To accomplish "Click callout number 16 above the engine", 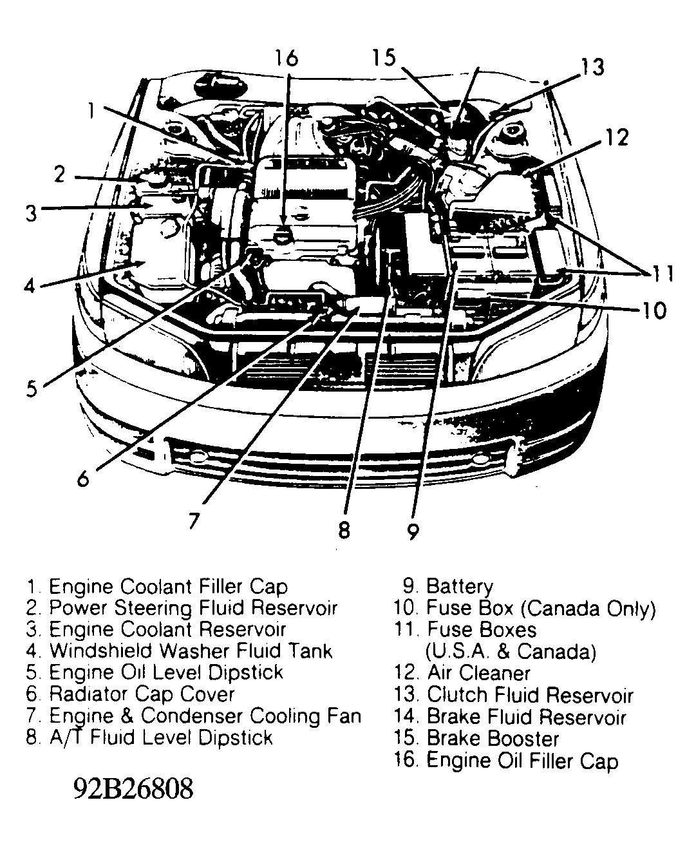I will pyautogui.click(x=286, y=58).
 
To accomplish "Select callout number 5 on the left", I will pyautogui.click(x=32, y=388).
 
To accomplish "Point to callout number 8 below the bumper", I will pyautogui.click(x=344, y=529).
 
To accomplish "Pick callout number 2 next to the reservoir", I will pyautogui.click(x=59, y=174).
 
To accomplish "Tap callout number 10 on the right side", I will pyautogui.click(x=654, y=311).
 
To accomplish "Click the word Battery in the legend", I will pyautogui.click(x=459, y=587).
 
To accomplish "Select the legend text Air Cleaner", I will pyautogui.click(x=478, y=673).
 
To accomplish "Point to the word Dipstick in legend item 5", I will pyautogui.click(x=247, y=672).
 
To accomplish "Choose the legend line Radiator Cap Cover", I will pyautogui.click(x=142, y=694).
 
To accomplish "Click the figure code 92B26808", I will pyautogui.click(x=133, y=788).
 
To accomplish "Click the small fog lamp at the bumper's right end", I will pyautogui.click(x=480, y=460).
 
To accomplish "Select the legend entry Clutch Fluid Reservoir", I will pyautogui.click(x=529, y=695).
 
